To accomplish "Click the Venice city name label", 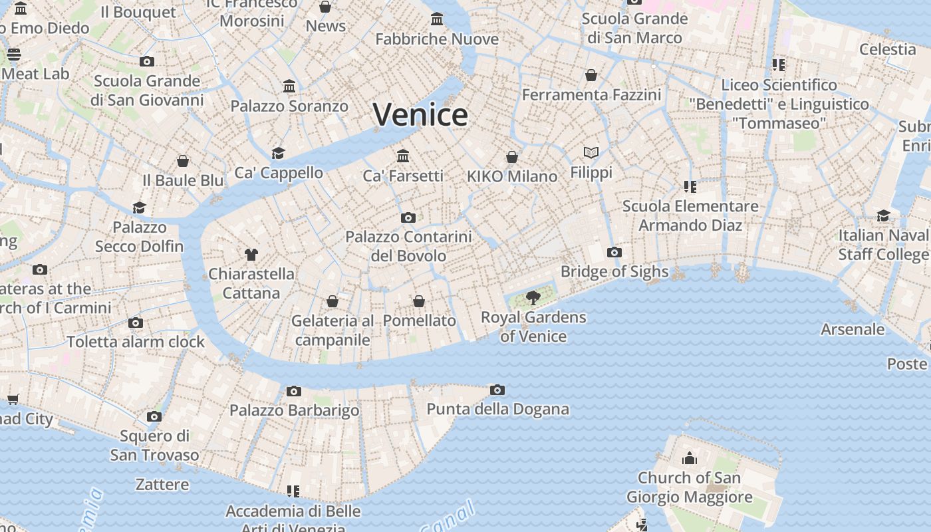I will (x=420, y=114).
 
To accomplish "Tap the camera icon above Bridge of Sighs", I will (x=614, y=252).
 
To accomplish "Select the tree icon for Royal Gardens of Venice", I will (x=533, y=297).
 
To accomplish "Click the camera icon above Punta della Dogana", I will (x=497, y=390).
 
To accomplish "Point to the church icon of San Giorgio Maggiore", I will (x=690, y=458).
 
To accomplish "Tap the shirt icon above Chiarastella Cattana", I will (x=251, y=254).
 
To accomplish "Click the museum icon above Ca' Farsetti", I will (x=403, y=156).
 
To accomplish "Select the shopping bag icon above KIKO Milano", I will (x=511, y=157).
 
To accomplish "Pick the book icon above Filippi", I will (x=591, y=152).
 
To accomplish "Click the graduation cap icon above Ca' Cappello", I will (x=278, y=153).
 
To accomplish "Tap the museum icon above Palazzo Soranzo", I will (x=289, y=86).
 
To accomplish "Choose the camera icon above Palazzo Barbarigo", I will (x=294, y=391).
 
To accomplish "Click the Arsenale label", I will (x=853, y=329).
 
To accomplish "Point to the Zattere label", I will (x=162, y=484).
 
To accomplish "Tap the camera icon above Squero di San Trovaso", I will (x=154, y=417).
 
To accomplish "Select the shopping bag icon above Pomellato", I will (x=419, y=301).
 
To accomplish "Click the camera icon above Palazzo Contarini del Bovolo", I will (x=408, y=217).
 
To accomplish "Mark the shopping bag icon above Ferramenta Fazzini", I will (x=591, y=75).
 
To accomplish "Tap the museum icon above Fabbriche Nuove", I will (x=437, y=19).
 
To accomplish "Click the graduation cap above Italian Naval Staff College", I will (x=883, y=215).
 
